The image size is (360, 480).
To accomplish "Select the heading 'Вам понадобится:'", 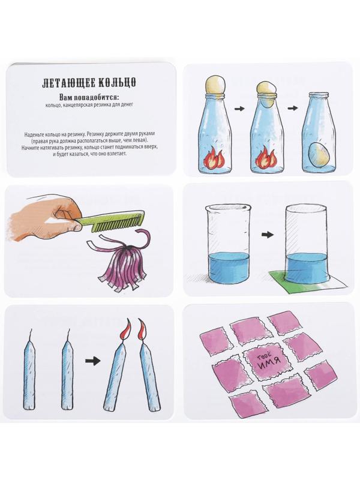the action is point(89,97).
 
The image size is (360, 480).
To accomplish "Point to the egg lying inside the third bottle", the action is point(320,155).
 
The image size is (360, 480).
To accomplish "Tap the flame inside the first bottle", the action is point(214,157).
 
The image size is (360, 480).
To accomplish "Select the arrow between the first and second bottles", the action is point(239,109).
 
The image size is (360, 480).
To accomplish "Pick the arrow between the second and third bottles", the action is point(293,109).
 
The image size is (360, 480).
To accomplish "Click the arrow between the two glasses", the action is point(268,235).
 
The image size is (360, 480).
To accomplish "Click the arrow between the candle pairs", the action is point(93,361).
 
